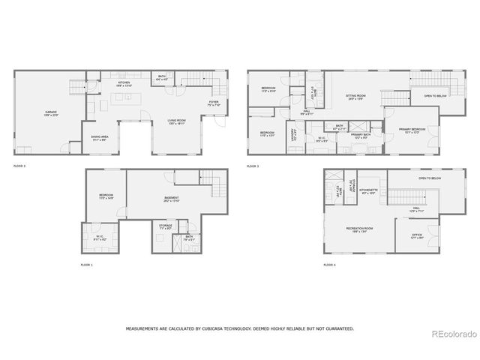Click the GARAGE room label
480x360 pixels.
point(50,112)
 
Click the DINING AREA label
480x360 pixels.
point(100,137)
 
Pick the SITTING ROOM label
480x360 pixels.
point(355,96)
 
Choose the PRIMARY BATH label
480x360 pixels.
point(360,135)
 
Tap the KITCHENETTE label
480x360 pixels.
point(368,190)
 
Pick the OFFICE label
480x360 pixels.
point(416,235)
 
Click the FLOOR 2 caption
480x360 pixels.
point(19,164)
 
